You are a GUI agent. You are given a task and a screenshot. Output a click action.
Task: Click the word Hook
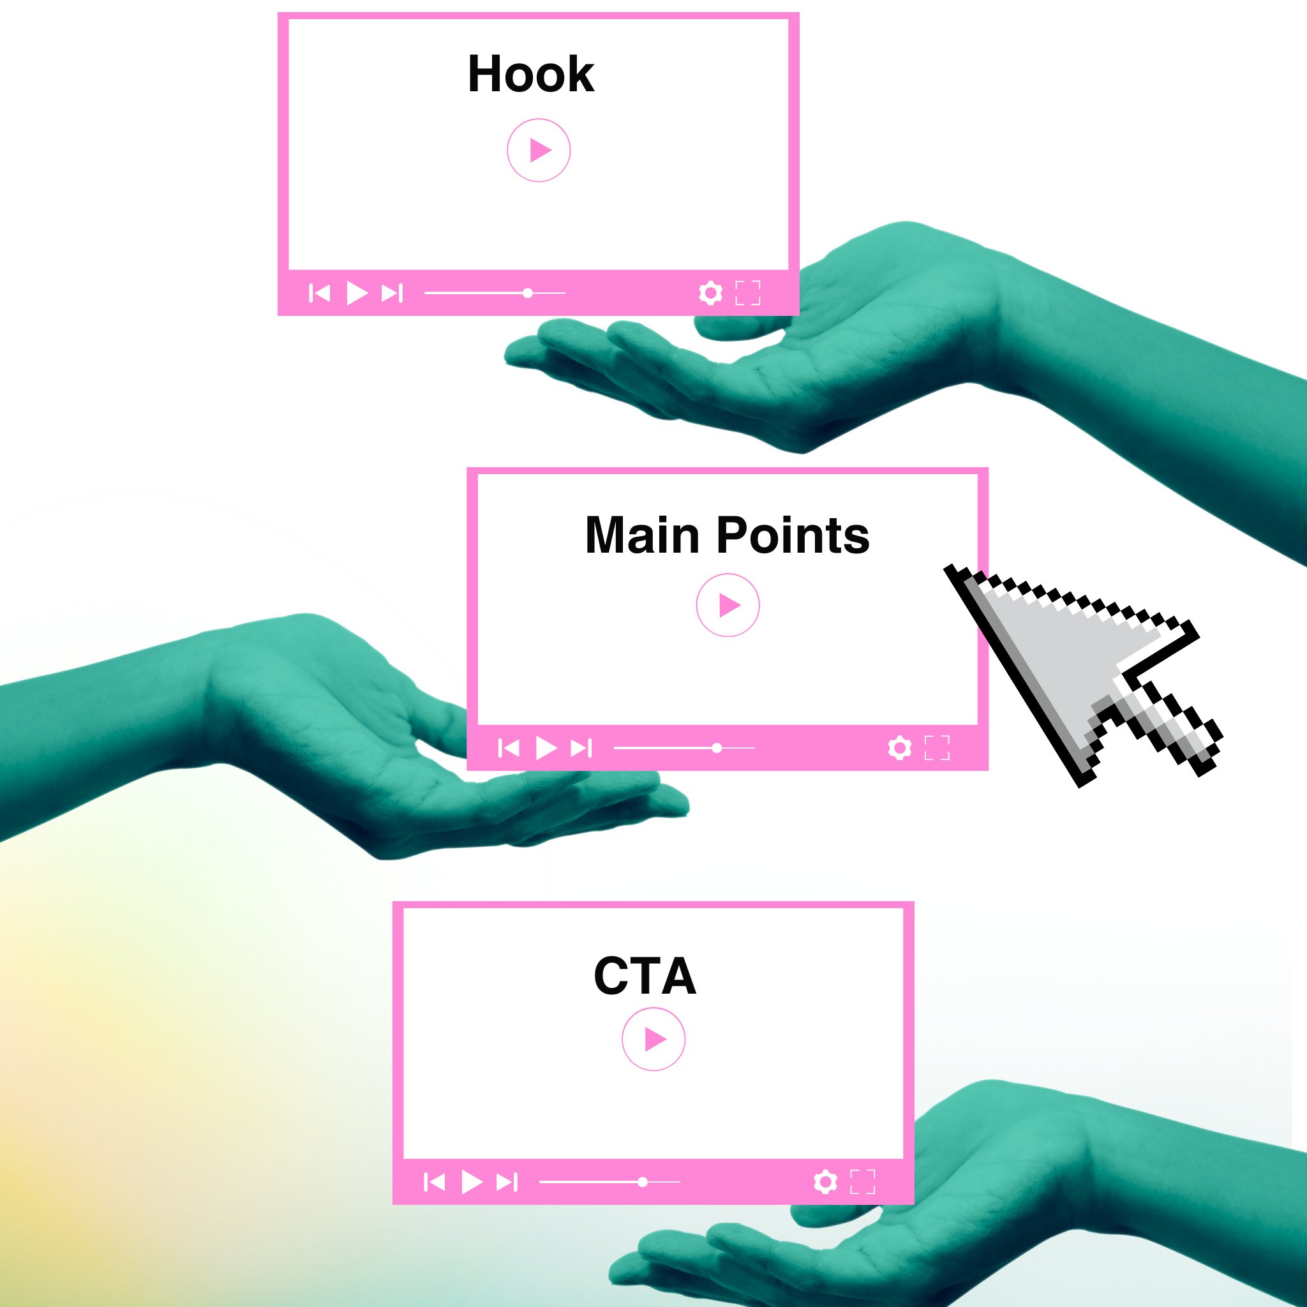pyautogui.click(x=530, y=74)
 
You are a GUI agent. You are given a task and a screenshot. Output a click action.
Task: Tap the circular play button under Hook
pyautogui.click(x=539, y=150)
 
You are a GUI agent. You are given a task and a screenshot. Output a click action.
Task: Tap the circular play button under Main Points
pyautogui.click(x=728, y=605)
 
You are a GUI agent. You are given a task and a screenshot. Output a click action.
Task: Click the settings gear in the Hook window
pyautogui.click(x=710, y=293)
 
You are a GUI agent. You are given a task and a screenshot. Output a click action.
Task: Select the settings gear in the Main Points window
pyautogui.click(x=900, y=748)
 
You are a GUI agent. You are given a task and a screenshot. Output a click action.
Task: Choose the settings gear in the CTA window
pyautogui.click(x=825, y=1182)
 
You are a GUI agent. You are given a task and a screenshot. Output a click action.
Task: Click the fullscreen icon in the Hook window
pyautogui.click(x=747, y=293)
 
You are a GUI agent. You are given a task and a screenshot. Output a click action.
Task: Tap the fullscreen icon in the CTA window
pyautogui.click(x=863, y=1182)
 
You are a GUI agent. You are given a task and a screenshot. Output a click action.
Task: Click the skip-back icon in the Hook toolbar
pyautogui.click(x=319, y=293)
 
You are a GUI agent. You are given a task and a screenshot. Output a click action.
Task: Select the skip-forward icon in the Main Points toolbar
pyautogui.click(x=581, y=748)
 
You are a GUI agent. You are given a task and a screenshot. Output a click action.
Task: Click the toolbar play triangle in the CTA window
pyautogui.click(x=472, y=1182)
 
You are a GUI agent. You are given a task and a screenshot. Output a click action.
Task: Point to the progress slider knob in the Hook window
pyautogui.click(x=528, y=293)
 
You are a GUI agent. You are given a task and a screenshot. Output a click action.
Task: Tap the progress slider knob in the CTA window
pyautogui.click(x=643, y=1182)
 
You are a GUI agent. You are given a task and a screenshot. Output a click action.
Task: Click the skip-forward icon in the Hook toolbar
pyautogui.click(x=392, y=293)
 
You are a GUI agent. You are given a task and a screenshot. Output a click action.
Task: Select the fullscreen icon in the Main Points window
pyautogui.click(x=937, y=748)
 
